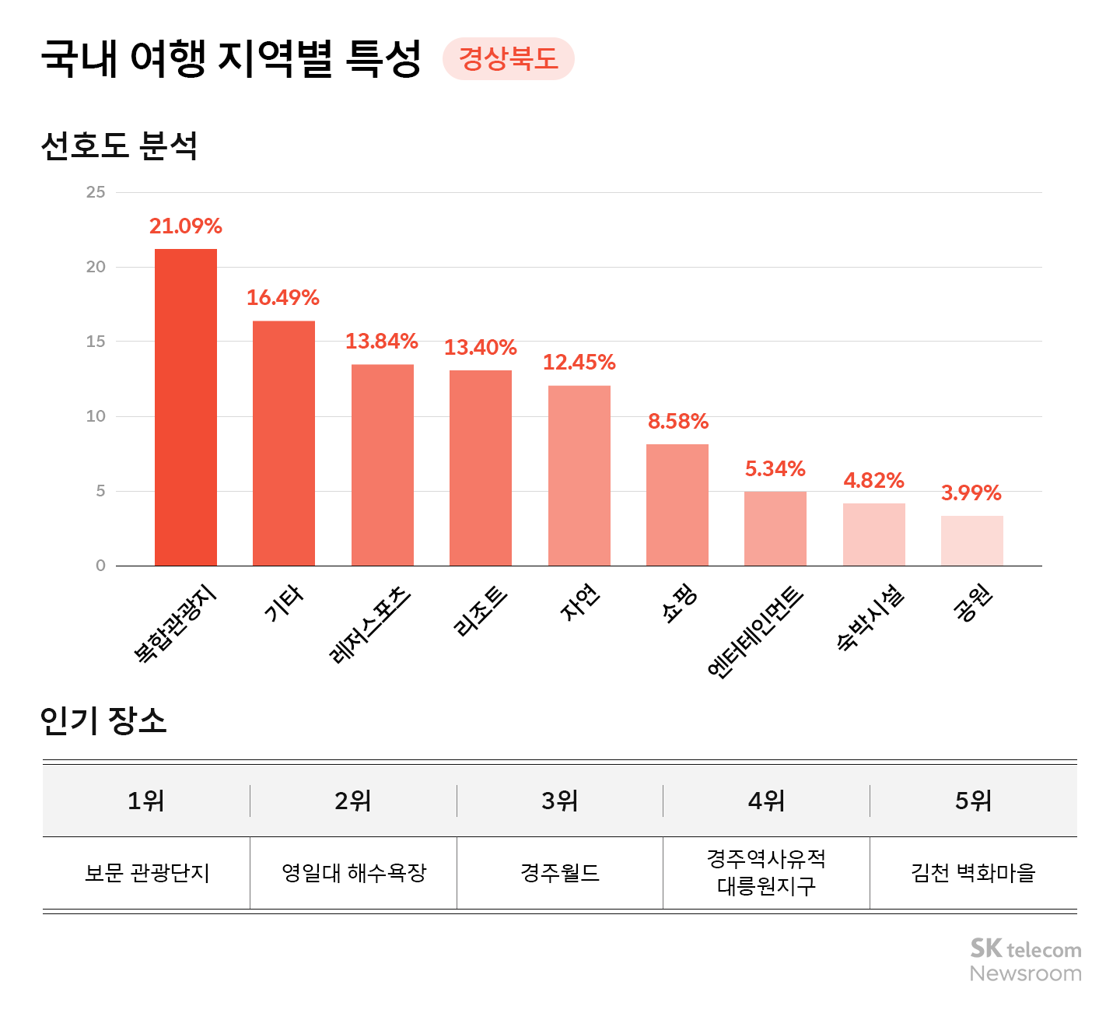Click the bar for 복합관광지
[186, 407]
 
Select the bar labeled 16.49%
[284, 443]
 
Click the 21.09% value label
[186, 226]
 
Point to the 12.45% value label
[579, 363]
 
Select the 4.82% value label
[873, 481]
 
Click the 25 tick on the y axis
[96, 192]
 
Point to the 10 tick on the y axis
[96, 416]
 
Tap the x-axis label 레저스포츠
[371, 624]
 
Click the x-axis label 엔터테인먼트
[756, 631]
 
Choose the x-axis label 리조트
[481, 612]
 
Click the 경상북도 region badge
[509, 59]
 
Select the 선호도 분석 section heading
[119, 145]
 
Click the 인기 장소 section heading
[103, 720]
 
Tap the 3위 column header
[560, 801]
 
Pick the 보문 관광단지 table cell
[147, 873]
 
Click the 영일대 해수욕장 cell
[354, 873]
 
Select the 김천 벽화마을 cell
[973, 873]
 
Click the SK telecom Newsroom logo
[1025, 960]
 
